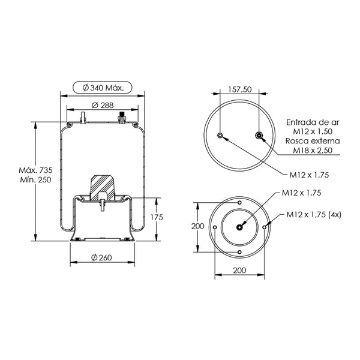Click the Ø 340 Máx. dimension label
tap(103, 88)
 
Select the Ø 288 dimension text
tap(103, 106)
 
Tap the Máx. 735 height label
tap(35, 170)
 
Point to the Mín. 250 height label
tap(35, 179)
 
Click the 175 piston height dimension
tap(157, 217)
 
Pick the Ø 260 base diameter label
tap(101, 257)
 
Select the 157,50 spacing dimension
tap(240, 89)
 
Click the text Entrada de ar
tap(313, 122)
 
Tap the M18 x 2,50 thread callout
tap(313, 151)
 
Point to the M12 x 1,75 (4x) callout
tap(314, 215)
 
